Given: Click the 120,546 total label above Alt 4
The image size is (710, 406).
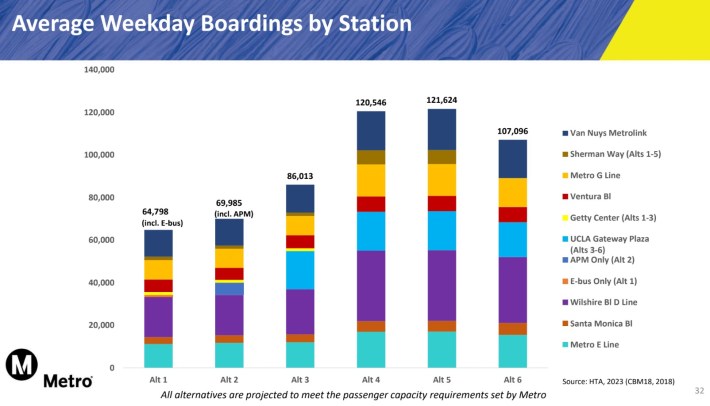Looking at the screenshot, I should pos(371,103).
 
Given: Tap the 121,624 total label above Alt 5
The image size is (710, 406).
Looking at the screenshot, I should pos(441,101).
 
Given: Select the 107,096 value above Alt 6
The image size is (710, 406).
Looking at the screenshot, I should pos(512,132).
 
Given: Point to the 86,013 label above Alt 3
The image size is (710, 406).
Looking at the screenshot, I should pos(300,176).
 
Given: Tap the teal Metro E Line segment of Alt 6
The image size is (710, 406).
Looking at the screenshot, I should pos(512,350).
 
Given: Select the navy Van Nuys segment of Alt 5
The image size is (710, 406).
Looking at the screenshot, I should pos(441,129).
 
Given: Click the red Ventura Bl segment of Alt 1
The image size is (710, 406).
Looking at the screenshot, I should pos(158,286).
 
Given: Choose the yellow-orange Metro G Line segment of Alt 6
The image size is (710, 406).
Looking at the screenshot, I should pos(512,192).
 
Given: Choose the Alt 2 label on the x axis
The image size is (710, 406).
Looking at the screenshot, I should pos(229,380).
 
